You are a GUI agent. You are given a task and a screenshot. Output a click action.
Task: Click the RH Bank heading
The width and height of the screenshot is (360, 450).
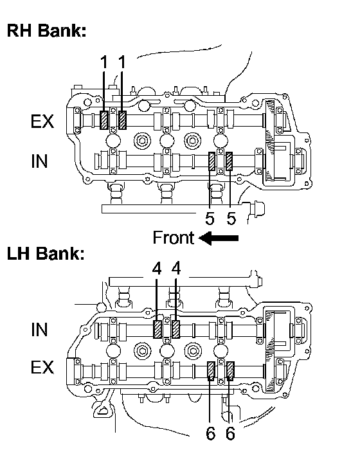[46, 30]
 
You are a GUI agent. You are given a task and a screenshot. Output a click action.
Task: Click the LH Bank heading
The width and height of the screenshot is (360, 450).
[46, 253]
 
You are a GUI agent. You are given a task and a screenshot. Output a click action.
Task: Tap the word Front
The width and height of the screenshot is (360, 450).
[174, 238]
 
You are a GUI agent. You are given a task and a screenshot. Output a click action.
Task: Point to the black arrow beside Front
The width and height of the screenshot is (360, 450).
[219, 239]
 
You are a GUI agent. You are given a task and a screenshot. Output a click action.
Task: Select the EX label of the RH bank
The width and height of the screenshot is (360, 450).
[42, 122]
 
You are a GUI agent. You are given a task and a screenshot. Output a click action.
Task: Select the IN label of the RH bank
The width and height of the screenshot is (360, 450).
[39, 161]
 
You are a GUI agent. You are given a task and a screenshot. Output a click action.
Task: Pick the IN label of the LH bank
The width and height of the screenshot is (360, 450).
[39, 329]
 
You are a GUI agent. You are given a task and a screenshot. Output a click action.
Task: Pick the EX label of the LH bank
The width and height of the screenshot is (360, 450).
[42, 367]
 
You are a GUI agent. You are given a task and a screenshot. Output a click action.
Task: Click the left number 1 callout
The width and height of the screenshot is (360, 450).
[104, 62]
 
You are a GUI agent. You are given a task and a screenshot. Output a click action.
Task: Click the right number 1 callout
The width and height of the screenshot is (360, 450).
[122, 62]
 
